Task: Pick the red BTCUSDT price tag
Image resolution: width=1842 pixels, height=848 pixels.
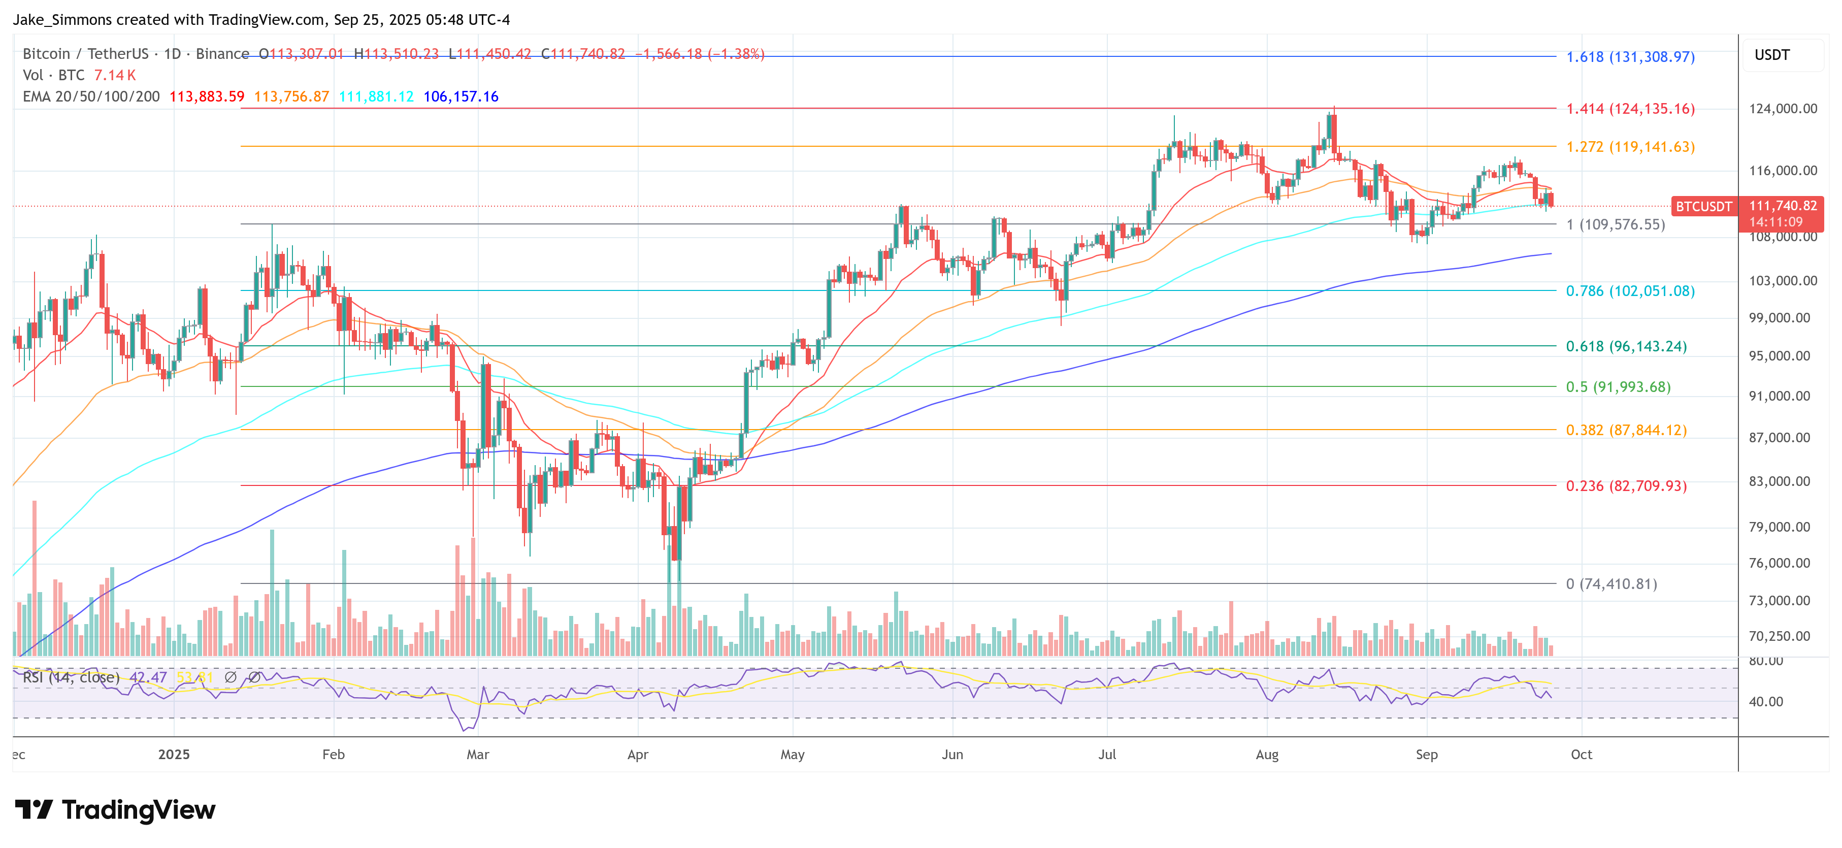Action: pyautogui.click(x=1703, y=207)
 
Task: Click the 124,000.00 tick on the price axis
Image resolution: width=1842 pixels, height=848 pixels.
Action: pyautogui.click(x=1783, y=109)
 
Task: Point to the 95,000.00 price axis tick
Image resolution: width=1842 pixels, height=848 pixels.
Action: pyautogui.click(x=1783, y=356)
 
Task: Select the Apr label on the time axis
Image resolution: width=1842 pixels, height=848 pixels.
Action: pyautogui.click(x=637, y=755)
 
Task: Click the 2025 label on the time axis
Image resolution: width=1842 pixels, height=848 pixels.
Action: pyautogui.click(x=174, y=755)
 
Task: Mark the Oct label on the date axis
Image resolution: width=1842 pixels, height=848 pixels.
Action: pyautogui.click(x=1581, y=755)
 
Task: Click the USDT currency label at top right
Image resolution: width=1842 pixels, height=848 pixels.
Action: pyautogui.click(x=1771, y=55)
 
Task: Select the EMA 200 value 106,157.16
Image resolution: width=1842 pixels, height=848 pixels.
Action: pyautogui.click(x=460, y=96)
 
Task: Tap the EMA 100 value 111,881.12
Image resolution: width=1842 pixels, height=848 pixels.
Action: pyautogui.click(x=376, y=96)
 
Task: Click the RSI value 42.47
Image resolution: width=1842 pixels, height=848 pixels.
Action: pyautogui.click(x=148, y=677)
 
